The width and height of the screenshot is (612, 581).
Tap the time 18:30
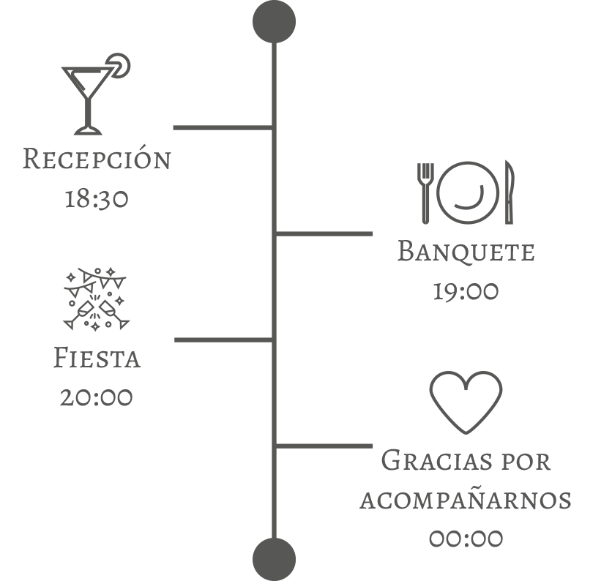click(97, 198)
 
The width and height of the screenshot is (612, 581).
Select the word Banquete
click(466, 252)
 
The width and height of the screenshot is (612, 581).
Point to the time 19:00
click(466, 291)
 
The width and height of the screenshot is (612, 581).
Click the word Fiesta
click(97, 357)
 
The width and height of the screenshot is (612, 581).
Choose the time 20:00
click(97, 397)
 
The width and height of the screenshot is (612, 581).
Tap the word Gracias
click(436, 460)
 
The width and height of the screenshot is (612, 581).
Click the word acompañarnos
click(466, 500)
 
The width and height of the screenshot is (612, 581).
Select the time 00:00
click(466, 539)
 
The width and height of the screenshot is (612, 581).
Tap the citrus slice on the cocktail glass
click(119, 65)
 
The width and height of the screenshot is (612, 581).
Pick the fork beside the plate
click(425, 193)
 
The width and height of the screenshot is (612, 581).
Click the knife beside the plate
click(510, 192)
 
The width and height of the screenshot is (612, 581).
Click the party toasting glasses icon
click(96, 299)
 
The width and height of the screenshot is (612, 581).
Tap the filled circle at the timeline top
click(274, 21)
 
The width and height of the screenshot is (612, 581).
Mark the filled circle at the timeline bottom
click(274, 559)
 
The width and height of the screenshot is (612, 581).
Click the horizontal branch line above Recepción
click(223, 127)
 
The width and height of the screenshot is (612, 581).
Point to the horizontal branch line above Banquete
click(324, 233)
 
